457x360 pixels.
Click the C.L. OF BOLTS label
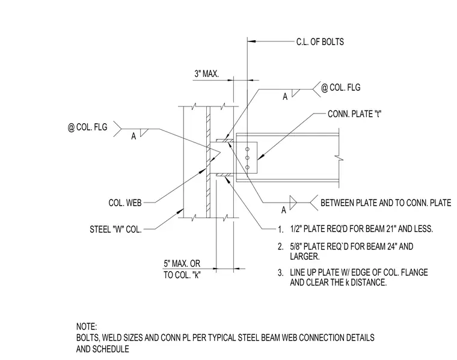click(320, 42)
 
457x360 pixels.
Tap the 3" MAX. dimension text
click(207, 74)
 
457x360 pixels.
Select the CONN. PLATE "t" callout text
click(354, 114)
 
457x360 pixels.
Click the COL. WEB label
click(125, 203)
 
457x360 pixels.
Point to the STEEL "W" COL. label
click(115, 230)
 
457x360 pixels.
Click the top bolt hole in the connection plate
click(248, 150)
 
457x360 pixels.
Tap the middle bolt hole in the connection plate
click(248, 158)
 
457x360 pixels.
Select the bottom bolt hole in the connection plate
click(248, 167)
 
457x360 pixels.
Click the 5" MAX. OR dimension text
click(182, 264)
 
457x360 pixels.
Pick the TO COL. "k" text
click(182, 275)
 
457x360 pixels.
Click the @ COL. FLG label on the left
click(87, 127)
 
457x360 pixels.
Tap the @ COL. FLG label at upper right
click(341, 88)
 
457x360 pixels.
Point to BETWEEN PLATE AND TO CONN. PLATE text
click(386, 203)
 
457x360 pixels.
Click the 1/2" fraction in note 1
click(296, 229)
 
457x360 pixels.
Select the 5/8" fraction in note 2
click(296, 246)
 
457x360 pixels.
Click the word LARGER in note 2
click(305, 257)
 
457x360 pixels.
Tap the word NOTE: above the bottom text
click(87, 326)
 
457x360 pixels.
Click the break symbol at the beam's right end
click(339, 159)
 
